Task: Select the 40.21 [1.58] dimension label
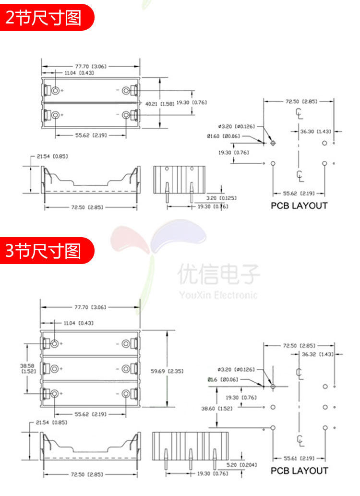point(156,103)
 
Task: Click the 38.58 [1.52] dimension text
point(27,368)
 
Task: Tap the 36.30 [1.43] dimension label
point(315,131)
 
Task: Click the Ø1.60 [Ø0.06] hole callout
point(223,136)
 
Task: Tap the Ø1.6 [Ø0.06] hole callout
point(223,379)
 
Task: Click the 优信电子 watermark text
point(218,275)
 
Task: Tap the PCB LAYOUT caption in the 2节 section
point(299,206)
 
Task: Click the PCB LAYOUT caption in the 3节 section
point(299,471)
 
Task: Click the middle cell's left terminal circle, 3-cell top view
point(54,368)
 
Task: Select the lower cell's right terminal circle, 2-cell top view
point(127,115)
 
